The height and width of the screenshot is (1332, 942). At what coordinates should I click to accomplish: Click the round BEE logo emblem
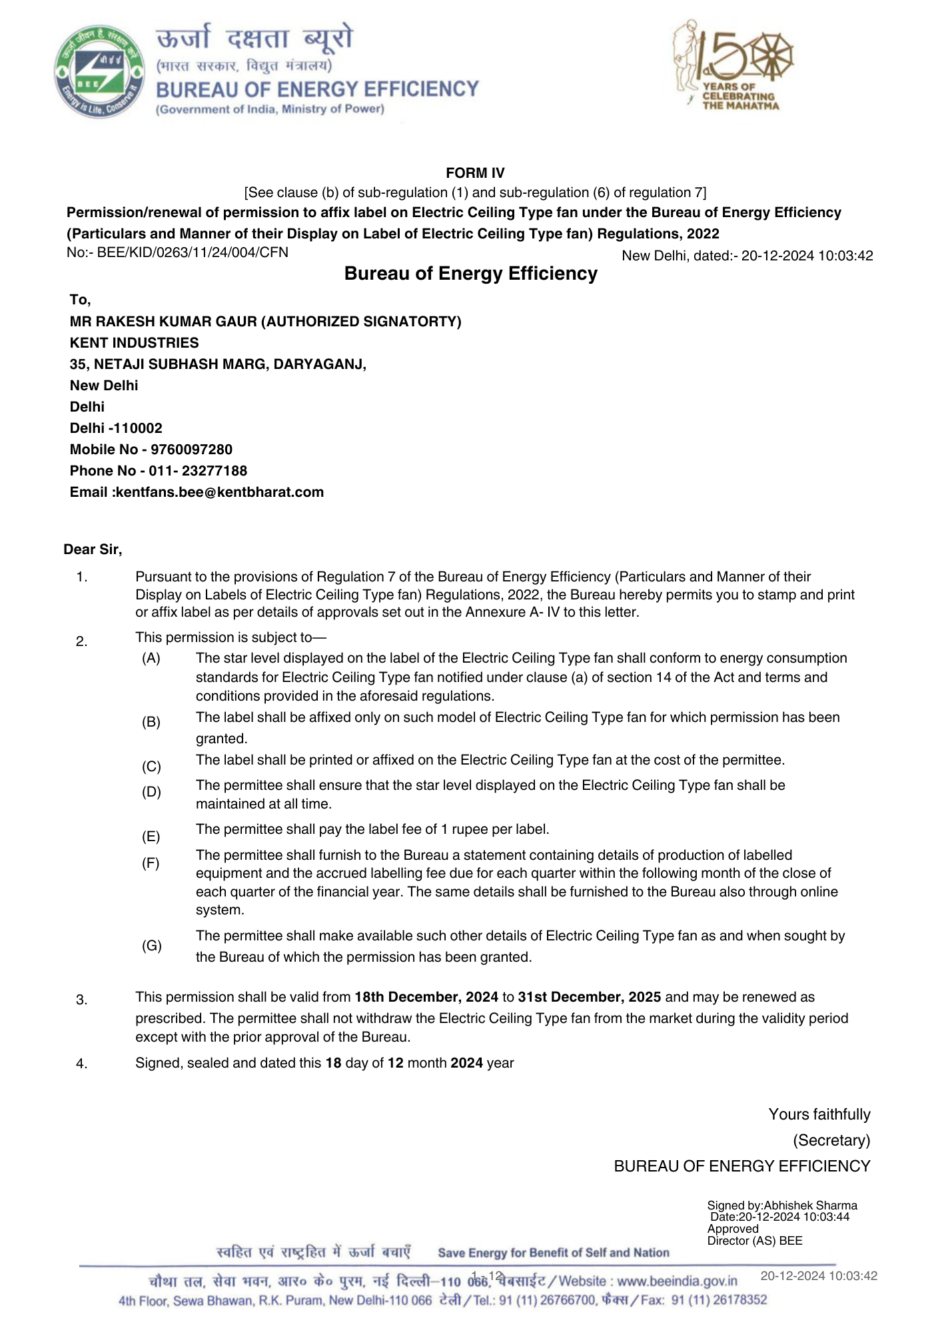[99, 73]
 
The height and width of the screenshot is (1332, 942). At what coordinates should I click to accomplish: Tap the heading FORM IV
[475, 173]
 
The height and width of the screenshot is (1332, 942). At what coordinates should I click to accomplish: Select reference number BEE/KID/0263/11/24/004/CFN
[193, 252]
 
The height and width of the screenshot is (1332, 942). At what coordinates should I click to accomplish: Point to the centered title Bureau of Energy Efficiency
[470, 274]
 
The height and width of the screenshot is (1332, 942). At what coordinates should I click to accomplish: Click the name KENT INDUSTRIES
[134, 343]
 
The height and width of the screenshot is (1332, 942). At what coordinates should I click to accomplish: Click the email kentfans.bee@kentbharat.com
[219, 492]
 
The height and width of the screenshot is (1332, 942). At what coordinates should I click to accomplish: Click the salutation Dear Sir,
[93, 549]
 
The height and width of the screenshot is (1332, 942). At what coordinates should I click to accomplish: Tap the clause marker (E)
[151, 836]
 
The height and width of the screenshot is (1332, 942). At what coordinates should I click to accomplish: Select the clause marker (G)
[151, 946]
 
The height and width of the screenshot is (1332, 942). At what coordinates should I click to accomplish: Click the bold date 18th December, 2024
[426, 997]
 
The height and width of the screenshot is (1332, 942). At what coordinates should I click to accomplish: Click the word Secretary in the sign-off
[831, 1140]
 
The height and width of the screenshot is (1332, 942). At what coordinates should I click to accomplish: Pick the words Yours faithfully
[819, 1114]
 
